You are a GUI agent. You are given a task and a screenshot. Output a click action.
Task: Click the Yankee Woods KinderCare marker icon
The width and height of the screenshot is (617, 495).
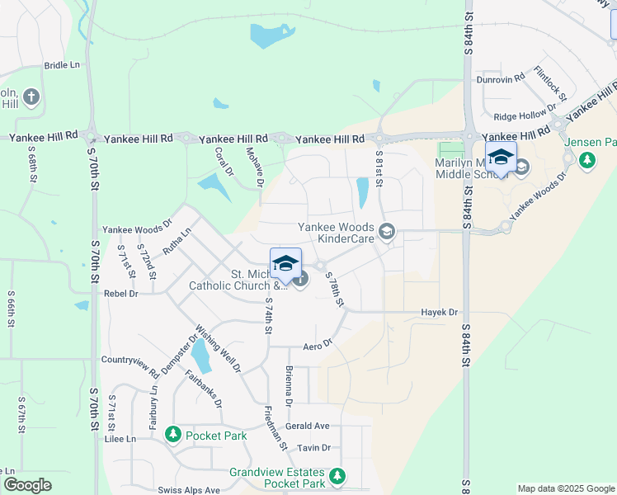[x=386, y=234]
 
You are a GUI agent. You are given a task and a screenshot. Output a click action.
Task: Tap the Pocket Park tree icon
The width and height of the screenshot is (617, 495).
[x=172, y=434]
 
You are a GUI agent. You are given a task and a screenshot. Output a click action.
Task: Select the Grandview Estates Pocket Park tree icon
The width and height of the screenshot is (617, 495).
[x=337, y=476]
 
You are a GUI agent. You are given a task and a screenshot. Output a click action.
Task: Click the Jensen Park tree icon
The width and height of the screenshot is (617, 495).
[x=587, y=158]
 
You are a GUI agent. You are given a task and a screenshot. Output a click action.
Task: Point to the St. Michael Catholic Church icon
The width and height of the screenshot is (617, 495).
[x=300, y=280]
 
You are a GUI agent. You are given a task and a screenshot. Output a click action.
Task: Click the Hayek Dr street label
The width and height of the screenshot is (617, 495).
[x=439, y=313]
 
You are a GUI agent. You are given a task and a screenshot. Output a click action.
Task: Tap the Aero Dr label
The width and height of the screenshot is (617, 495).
[x=317, y=345]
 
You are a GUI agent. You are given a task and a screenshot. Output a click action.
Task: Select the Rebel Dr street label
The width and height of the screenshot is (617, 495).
[x=120, y=293]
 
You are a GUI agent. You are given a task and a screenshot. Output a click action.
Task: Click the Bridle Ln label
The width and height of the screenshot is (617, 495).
[x=62, y=65]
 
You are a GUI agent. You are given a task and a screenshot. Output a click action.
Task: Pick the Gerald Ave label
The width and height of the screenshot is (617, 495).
[x=307, y=426]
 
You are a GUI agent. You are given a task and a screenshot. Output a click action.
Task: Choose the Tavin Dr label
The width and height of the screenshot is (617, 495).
[x=313, y=448]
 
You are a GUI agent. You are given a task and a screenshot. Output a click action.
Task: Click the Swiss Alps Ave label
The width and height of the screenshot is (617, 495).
[x=190, y=490]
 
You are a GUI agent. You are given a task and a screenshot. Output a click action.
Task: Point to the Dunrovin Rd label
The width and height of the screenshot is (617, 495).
[x=501, y=79]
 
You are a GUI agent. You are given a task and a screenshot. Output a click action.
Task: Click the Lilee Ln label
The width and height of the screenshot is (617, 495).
[x=120, y=439]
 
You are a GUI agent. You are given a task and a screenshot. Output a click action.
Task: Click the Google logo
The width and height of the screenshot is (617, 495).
[x=27, y=485]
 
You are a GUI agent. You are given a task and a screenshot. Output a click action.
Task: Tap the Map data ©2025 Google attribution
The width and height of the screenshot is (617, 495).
[x=565, y=488]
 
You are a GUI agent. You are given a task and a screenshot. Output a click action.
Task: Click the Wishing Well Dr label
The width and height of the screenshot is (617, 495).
[x=219, y=350]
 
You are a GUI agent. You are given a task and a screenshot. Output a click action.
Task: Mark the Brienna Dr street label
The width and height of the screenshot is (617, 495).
[x=289, y=386]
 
